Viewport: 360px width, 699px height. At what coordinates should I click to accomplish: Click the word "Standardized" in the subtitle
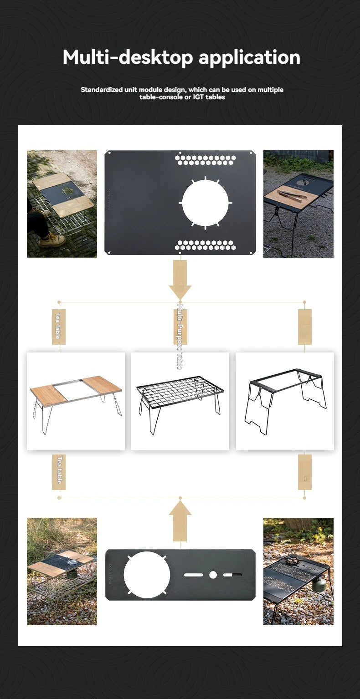pyautogui.click(x=101, y=90)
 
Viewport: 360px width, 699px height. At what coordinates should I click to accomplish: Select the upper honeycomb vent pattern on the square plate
pyautogui.click(x=206, y=160)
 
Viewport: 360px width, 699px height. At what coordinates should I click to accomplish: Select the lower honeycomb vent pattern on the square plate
pyautogui.click(x=206, y=245)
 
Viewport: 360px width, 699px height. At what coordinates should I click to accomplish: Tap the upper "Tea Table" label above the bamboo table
pyautogui.click(x=58, y=327)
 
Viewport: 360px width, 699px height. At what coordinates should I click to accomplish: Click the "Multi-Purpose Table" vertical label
pyautogui.click(x=180, y=337)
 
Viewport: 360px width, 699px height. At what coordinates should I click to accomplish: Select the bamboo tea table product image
pyautogui.click(x=76, y=401)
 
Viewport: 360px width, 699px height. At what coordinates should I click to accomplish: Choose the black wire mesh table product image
pyautogui.click(x=180, y=401)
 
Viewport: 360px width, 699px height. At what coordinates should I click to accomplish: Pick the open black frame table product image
pyautogui.click(x=285, y=401)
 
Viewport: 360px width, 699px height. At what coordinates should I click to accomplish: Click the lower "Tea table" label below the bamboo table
pyautogui.click(x=59, y=472)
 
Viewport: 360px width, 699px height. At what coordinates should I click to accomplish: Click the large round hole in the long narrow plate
pyautogui.click(x=147, y=575)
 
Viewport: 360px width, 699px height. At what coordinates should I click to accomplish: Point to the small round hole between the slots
pyautogui.click(x=213, y=575)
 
